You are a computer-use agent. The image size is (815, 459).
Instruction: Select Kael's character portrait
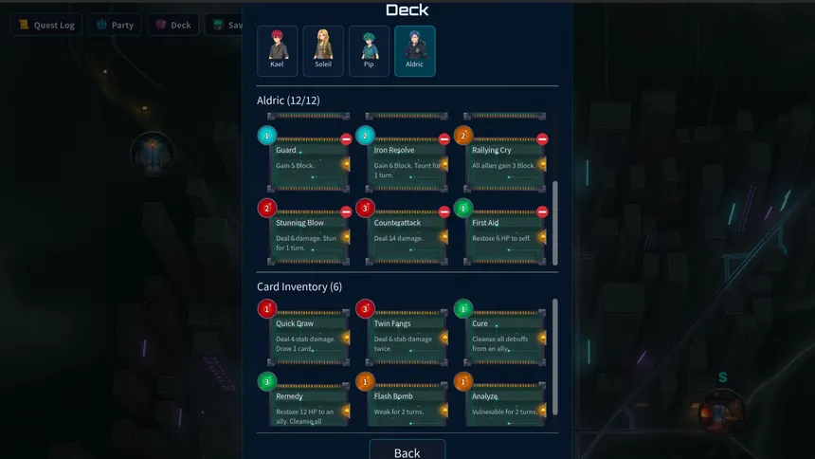(x=277, y=49)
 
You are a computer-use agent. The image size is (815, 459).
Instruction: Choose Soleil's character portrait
(x=323, y=49)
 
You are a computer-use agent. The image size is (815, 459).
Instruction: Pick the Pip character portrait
(x=369, y=49)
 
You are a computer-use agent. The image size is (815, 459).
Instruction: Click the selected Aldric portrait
(x=415, y=49)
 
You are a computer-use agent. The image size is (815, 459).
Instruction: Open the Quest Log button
(x=46, y=25)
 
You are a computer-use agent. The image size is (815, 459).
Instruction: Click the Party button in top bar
(x=115, y=25)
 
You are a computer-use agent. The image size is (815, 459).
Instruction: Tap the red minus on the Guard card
(x=347, y=139)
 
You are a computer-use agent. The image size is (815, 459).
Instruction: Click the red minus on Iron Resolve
(x=444, y=139)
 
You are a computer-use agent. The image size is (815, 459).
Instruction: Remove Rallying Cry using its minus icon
(x=542, y=139)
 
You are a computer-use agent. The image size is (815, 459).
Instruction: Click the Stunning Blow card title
(x=299, y=223)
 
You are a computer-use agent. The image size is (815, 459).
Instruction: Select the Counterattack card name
(x=397, y=223)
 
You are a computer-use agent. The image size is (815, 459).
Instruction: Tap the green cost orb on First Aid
(x=462, y=208)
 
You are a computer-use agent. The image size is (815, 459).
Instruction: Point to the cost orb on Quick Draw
(x=266, y=309)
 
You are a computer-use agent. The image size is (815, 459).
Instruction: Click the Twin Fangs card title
(x=392, y=323)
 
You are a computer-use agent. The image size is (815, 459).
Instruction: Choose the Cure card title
(x=480, y=323)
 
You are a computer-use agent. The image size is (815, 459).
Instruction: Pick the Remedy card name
(x=289, y=396)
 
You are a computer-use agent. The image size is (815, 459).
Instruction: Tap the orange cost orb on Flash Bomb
(x=365, y=381)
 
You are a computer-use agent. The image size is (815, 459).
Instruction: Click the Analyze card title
(x=487, y=396)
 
